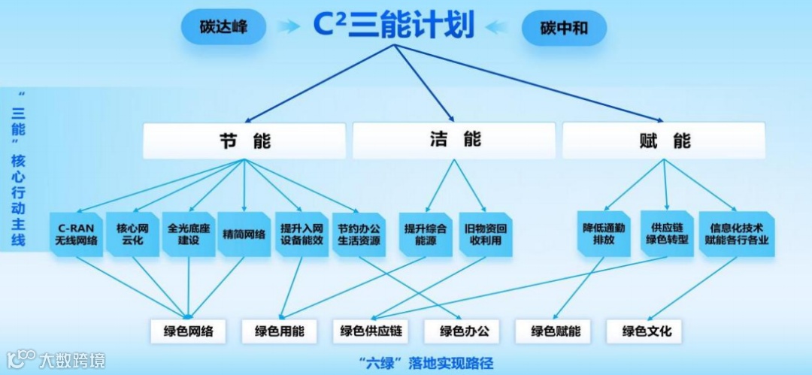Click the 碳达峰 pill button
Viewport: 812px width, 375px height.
point(223,29)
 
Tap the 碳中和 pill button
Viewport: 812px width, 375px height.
point(564,29)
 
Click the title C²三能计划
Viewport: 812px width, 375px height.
point(394,25)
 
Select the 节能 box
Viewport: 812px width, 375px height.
point(244,140)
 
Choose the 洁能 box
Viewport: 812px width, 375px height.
point(454,140)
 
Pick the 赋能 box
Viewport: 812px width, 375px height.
point(664,140)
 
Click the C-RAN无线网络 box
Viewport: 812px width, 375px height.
point(77,234)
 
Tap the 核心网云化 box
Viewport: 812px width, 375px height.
point(133,234)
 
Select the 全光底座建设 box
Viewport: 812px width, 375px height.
point(189,234)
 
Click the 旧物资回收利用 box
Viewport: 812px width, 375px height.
point(486,234)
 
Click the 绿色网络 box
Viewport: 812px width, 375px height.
point(188,331)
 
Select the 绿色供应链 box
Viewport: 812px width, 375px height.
point(371,331)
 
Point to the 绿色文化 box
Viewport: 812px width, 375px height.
point(647,331)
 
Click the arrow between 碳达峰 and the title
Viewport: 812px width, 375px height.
point(288,28)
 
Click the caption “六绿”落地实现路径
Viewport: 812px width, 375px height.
point(426,362)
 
